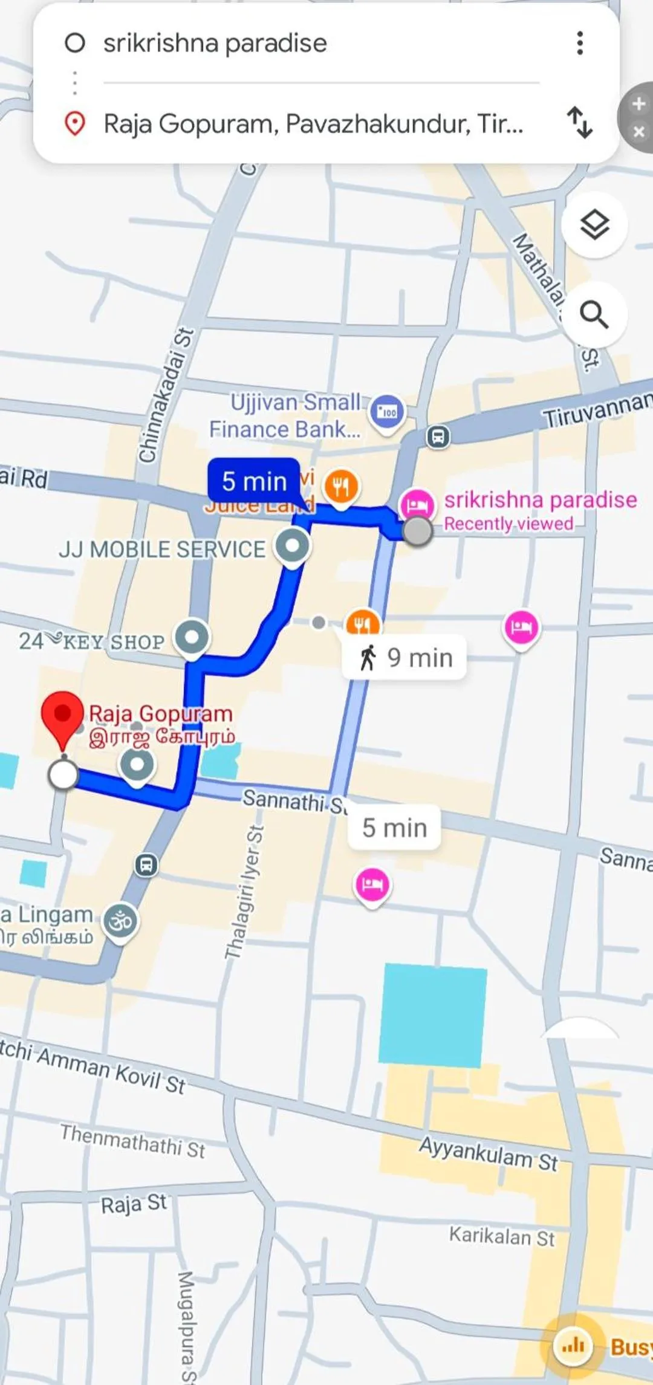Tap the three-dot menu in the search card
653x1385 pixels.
(x=580, y=43)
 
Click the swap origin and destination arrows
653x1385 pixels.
(x=579, y=123)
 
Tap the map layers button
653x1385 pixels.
(x=594, y=225)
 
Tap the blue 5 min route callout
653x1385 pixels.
(x=254, y=481)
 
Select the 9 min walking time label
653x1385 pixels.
(x=404, y=657)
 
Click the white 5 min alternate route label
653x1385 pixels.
(x=394, y=828)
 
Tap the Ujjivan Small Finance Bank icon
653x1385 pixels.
(x=387, y=412)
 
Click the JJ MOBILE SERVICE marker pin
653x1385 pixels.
(x=293, y=547)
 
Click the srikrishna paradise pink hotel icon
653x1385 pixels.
(x=417, y=504)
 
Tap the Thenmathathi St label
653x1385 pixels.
(x=133, y=1140)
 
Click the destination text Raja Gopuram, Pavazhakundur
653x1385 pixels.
(x=313, y=124)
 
